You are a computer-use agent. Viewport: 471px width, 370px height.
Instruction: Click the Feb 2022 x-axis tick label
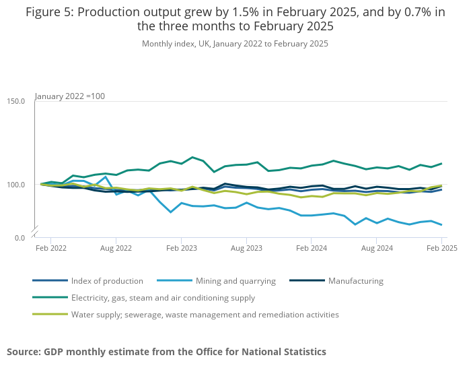coord(51,248)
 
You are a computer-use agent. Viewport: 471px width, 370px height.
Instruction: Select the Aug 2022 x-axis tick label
coord(116,248)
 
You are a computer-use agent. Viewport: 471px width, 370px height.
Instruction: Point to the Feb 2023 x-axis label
coord(181,248)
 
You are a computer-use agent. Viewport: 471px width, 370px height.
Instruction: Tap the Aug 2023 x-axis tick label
coord(246,248)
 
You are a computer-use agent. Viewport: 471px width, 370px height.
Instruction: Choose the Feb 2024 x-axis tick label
coord(312,248)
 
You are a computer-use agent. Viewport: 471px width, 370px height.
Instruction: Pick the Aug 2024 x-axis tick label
coord(377,248)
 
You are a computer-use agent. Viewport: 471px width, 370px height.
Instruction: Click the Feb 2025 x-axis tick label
coord(441,248)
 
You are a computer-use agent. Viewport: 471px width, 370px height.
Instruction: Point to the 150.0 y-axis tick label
coord(16,101)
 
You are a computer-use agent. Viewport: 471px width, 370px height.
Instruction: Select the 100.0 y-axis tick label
coord(16,185)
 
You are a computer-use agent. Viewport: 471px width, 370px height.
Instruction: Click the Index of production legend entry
coord(106,281)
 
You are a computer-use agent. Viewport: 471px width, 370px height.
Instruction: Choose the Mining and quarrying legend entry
coord(235,281)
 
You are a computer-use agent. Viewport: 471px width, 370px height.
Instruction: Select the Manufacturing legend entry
coord(355,281)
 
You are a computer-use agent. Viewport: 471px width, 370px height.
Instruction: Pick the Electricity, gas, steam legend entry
coord(162,298)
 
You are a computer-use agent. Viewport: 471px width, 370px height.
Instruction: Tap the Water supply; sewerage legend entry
coord(205,315)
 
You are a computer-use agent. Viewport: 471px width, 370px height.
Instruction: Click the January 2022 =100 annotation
coord(70,96)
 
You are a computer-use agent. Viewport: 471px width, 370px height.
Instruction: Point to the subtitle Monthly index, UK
coord(235,44)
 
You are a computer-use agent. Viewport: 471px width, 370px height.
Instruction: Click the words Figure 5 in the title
coord(48,12)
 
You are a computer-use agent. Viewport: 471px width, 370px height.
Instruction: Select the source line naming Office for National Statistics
coord(166,352)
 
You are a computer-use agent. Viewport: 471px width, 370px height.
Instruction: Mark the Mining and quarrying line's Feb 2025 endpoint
coord(441,224)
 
